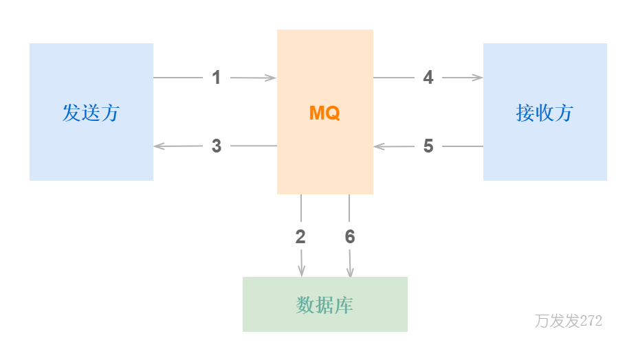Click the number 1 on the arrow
[216, 78]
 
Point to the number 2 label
[300, 237]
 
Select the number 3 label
[217, 146]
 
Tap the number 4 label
[428, 78]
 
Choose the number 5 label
[428, 146]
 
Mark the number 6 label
[350, 237]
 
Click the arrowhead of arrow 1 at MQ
[272, 78]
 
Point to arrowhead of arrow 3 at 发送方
[158, 146]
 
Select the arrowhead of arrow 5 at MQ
[378, 146]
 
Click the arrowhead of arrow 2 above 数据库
[301, 272]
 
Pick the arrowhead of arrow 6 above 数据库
[350, 272]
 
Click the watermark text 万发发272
[569, 321]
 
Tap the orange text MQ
[324, 113]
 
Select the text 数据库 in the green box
[324, 305]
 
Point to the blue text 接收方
[544, 113]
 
